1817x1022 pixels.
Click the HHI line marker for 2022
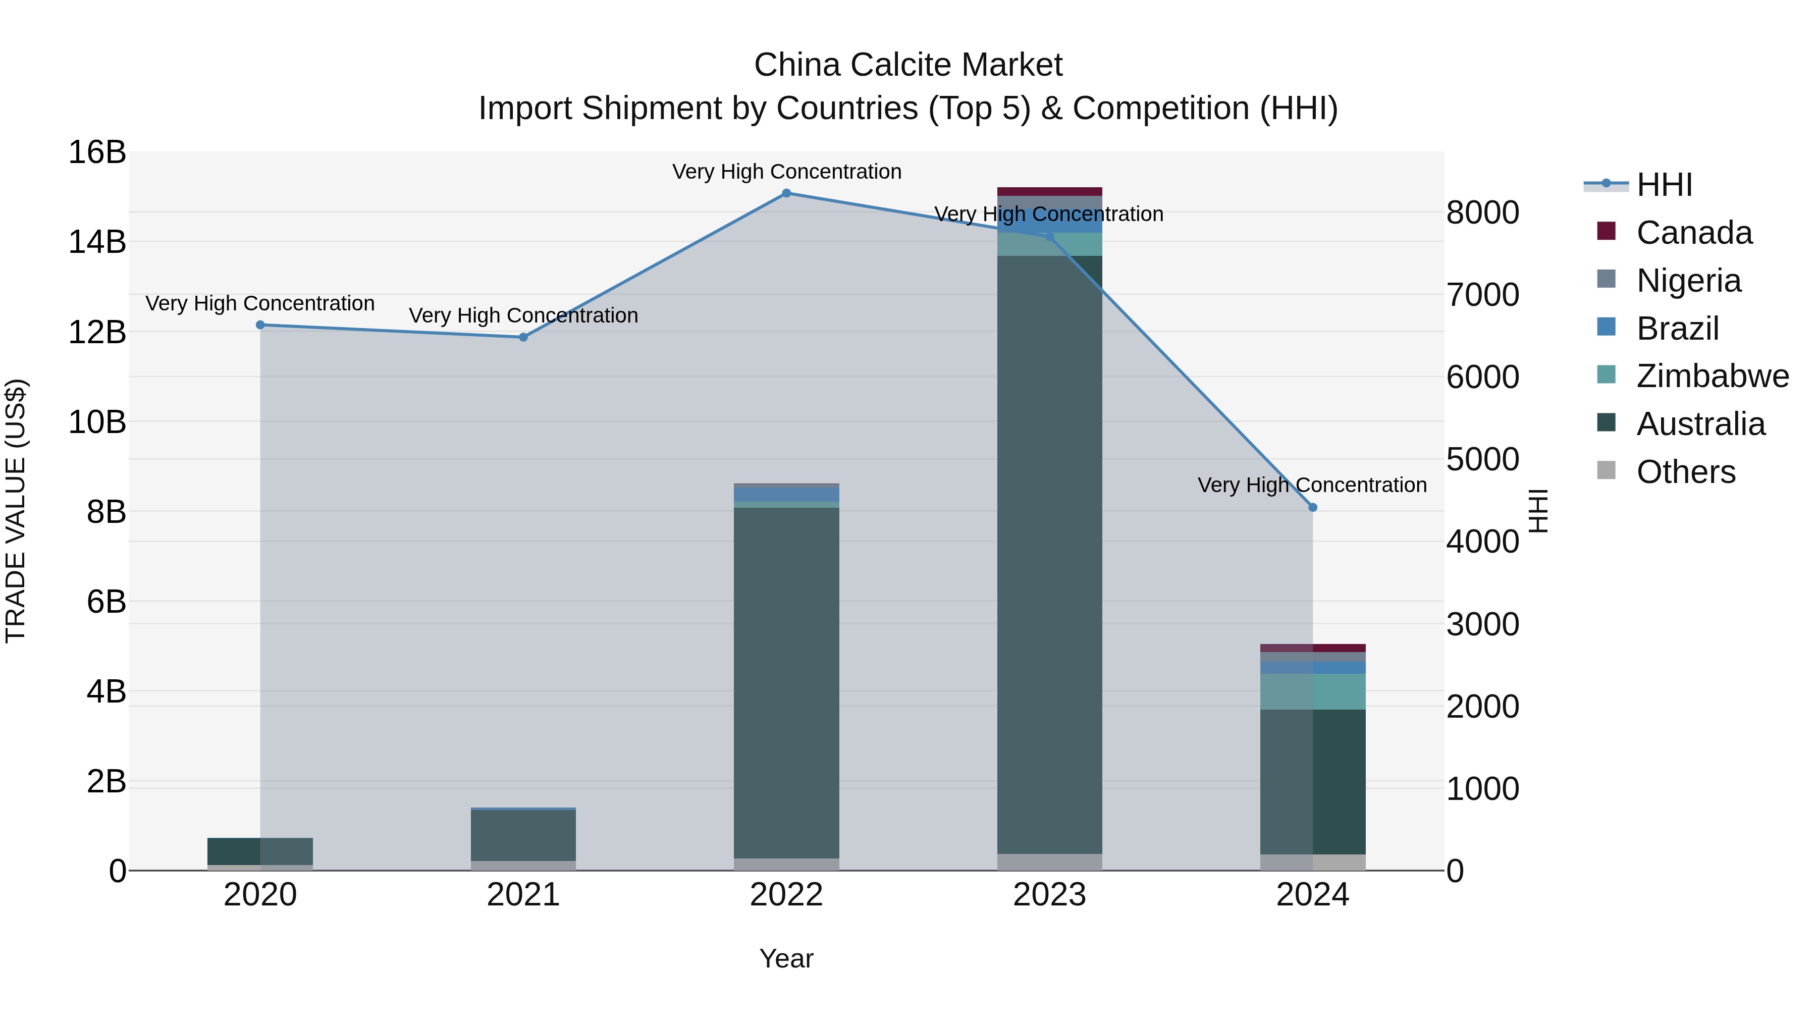point(786,193)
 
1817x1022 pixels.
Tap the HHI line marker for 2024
point(1313,507)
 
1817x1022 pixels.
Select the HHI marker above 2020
point(260,325)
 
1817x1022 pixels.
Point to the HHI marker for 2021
point(523,337)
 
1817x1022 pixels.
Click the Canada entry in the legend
point(1693,233)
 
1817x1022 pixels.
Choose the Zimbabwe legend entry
point(1712,376)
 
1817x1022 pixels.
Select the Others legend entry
point(1685,472)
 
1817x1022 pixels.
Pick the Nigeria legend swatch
point(1606,279)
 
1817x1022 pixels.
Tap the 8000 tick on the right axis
point(1482,212)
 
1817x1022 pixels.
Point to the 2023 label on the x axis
point(1050,895)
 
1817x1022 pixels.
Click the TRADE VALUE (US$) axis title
point(16,511)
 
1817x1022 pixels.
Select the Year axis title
point(786,958)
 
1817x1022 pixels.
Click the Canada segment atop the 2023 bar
point(1050,191)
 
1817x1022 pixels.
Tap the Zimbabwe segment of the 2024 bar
point(1313,691)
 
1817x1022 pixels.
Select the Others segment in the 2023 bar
point(1050,862)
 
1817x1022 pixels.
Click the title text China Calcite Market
point(908,65)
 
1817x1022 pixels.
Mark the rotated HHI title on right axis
point(1538,511)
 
